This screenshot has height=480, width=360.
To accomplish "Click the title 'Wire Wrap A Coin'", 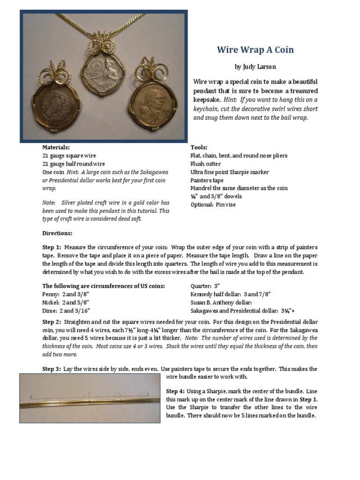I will [x=255, y=50].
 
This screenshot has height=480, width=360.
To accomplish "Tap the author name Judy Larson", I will [x=255, y=67].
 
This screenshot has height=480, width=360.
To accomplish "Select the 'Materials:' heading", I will [x=56, y=147].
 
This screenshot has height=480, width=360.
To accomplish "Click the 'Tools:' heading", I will [x=199, y=147].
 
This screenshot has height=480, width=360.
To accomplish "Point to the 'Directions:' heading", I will [x=57, y=233].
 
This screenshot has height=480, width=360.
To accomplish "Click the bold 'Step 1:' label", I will [x=52, y=247].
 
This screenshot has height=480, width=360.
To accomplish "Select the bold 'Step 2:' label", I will [x=52, y=322].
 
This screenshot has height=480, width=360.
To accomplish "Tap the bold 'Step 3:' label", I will [x=52, y=369].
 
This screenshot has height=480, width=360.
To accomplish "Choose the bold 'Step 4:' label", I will [x=175, y=391].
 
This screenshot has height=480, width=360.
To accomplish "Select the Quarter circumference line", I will [x=205, y=286].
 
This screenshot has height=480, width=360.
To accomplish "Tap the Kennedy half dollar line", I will [x=230, y=294].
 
